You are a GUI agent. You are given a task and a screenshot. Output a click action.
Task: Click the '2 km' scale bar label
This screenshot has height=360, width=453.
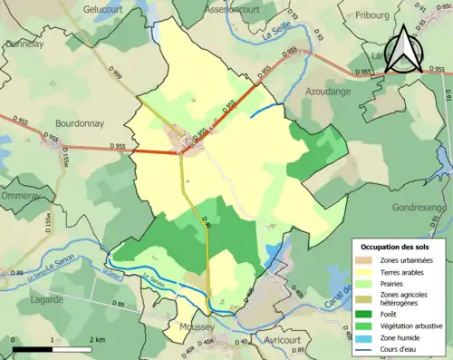[x=97, y=340]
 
